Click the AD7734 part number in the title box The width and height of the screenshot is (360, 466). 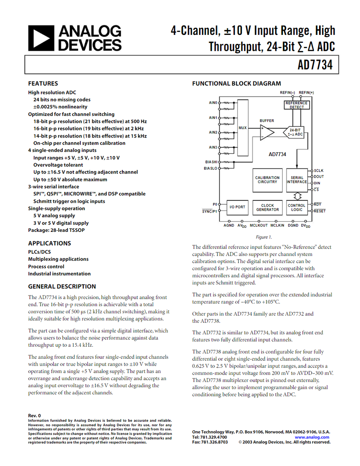point(315,65)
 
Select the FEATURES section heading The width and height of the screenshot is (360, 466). point(43,84)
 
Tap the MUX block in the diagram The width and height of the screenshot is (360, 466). point(243,128)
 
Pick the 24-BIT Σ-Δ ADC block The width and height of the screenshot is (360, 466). point(295,132)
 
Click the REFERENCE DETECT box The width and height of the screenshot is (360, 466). point(297,105)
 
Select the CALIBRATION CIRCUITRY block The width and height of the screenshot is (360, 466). point(267,180)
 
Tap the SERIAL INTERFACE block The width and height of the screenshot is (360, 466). point(297,180)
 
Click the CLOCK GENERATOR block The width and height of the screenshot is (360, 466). point(267,208)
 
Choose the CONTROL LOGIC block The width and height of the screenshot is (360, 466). point(297,208)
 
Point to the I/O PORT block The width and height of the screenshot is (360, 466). point(237,207)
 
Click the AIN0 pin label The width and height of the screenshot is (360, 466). point(213,103)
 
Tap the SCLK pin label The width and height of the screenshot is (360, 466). point(319,171)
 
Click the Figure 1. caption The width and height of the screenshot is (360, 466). point(264,237)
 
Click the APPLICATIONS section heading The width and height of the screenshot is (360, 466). point(50,243)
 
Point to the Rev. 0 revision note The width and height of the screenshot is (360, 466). point(34,416)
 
